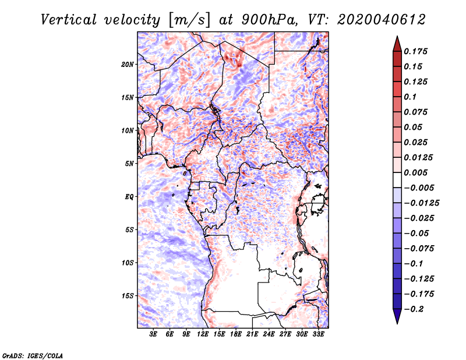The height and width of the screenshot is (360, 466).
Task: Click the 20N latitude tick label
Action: coord(128,64)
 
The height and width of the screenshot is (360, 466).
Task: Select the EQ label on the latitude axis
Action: coord(129,197)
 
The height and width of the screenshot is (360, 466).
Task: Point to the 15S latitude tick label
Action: coord(128,296)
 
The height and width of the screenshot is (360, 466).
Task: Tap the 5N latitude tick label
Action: coord(129,164)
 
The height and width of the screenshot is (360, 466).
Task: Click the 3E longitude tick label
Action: coord(154,334)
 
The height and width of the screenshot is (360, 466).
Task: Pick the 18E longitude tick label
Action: coord(236,334)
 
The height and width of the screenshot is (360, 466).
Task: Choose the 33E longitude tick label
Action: coord(318,334)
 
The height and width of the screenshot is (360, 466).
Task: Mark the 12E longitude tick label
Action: coord(203,334)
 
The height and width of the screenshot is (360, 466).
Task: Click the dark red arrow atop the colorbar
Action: coord(397,43)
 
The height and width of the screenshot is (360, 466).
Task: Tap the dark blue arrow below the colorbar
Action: coord(397,317)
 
